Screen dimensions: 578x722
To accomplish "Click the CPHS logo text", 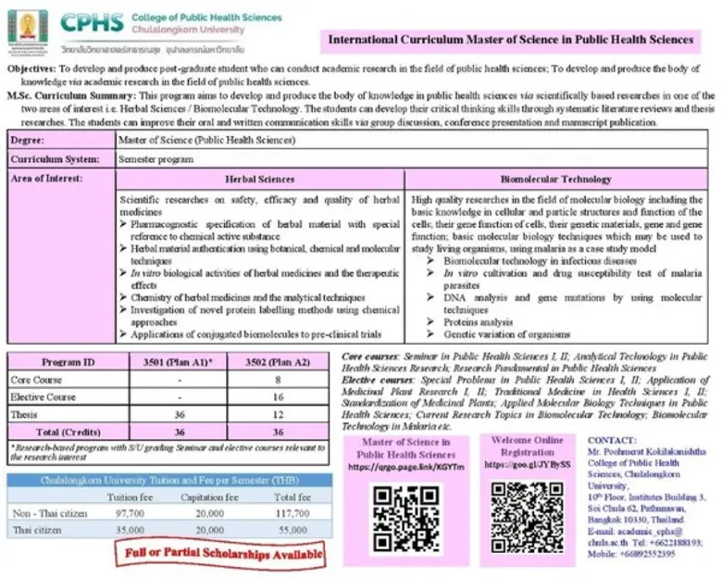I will tap(91, 20).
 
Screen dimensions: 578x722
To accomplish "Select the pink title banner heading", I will tap(511, 40).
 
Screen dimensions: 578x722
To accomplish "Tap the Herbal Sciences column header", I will tap(261, 179).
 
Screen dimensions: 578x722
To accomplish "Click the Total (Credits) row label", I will tap(70, 431).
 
